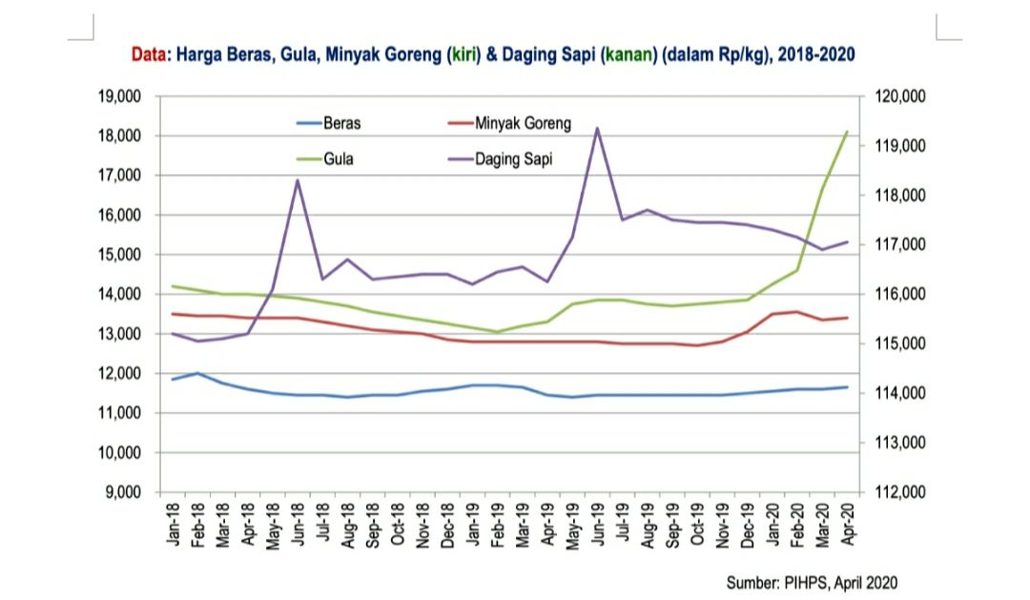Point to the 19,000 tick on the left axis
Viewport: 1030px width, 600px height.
[118, 96]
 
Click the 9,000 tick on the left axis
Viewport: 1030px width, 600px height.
[122, 492]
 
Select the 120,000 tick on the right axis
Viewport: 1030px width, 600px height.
[899, 96]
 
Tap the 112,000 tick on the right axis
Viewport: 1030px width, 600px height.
[899, 492]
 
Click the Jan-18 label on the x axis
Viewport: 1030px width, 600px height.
[174, 522]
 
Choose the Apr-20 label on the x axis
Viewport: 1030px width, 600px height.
[847, 522]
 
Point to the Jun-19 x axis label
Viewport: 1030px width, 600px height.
[598, 522]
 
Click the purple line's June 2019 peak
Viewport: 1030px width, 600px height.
[597, 129]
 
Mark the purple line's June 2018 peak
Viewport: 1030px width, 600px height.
[298, 180]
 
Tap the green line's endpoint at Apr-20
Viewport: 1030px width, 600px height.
[847, 132]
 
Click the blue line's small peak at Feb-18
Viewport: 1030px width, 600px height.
[197, 373]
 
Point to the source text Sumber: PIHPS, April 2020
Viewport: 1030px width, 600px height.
[812, 582]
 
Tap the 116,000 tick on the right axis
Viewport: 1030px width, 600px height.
[899, 295]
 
